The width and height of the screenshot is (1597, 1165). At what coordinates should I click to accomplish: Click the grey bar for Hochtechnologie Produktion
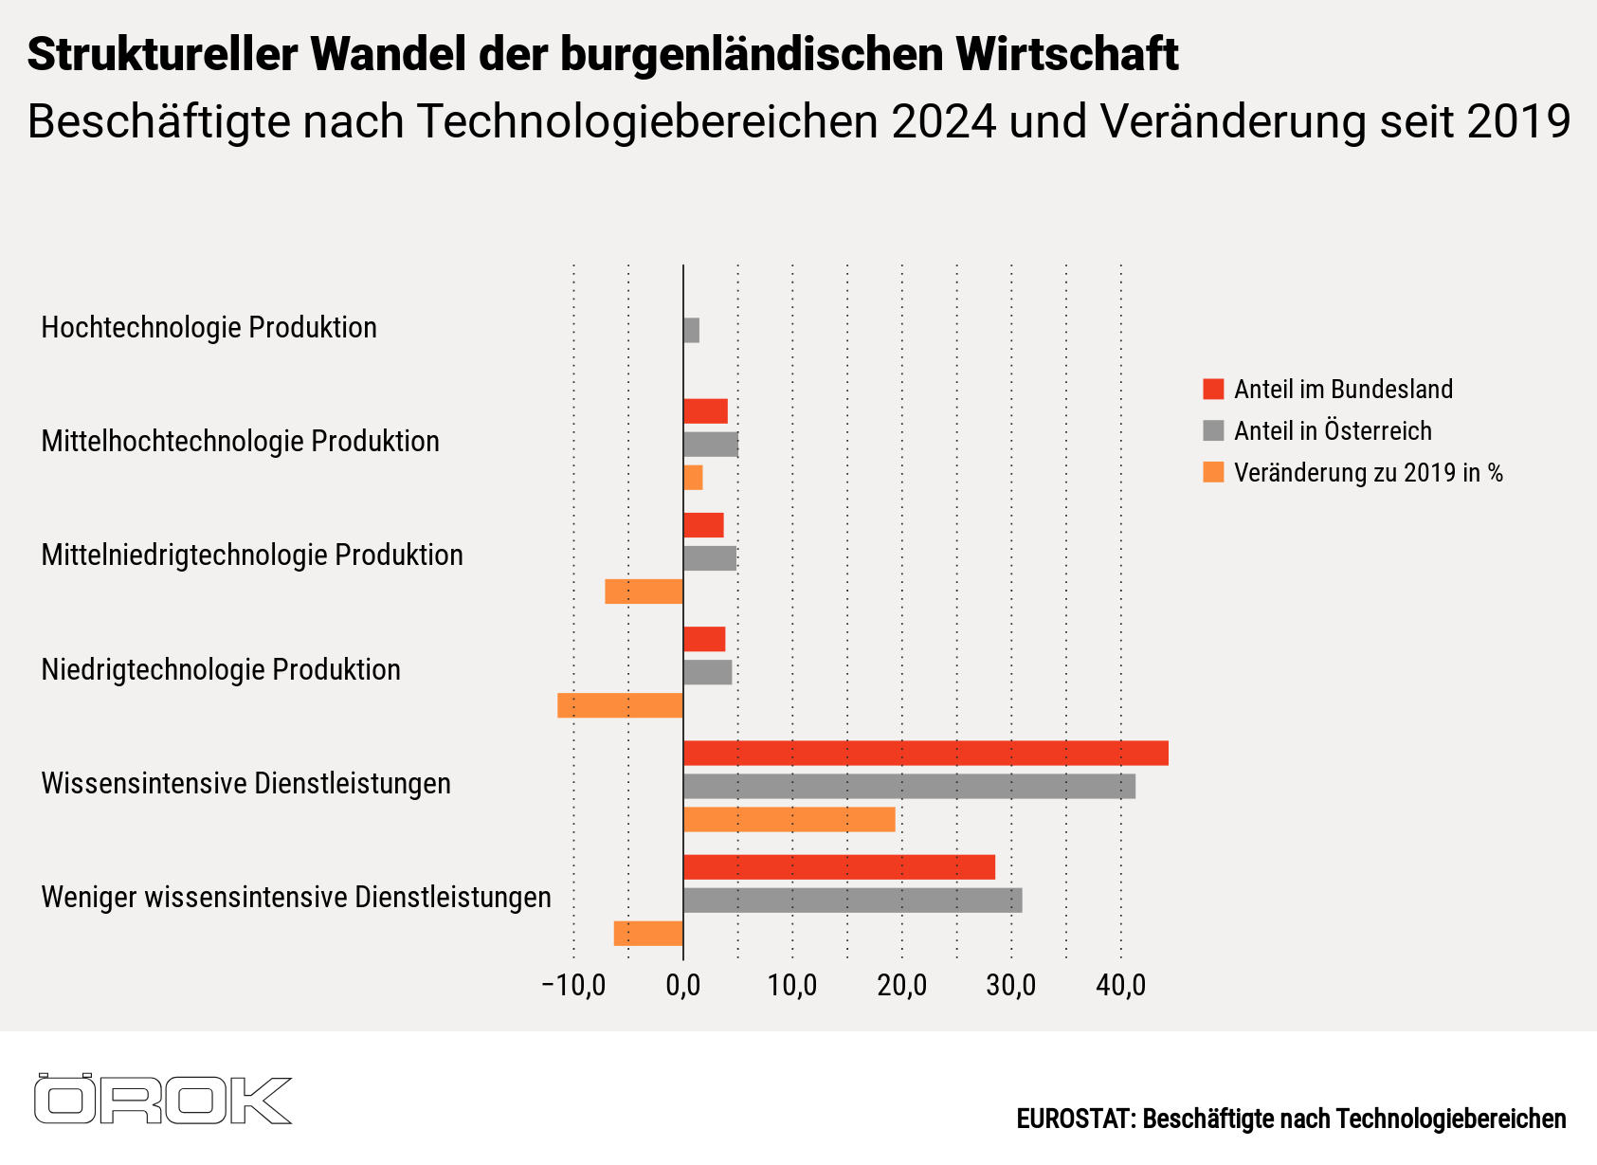691,331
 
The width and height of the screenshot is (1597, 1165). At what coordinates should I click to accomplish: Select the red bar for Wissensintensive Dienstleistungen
925,753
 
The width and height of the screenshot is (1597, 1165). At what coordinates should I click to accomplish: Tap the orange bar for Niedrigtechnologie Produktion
620,705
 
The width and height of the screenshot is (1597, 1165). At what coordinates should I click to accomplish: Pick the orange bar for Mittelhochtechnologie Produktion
693,478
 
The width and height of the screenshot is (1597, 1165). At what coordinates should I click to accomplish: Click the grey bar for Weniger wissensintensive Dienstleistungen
852,900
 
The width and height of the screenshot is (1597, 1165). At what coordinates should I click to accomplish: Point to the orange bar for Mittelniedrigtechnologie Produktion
644,592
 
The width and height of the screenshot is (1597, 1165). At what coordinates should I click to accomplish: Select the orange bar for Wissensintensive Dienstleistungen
789,819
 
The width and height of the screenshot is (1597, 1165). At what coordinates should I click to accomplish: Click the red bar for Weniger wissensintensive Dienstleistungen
839,866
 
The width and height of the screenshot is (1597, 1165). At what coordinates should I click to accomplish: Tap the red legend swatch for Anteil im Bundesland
1213,390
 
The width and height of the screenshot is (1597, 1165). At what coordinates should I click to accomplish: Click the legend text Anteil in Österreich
1332,431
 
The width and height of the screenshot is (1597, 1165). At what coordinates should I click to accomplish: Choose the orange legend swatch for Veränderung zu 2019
1213,472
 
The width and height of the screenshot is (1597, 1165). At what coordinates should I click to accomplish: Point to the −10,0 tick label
572,986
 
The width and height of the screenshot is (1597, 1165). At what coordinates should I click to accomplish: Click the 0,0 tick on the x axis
682,986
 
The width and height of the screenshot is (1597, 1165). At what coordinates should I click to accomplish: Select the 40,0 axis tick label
1120,986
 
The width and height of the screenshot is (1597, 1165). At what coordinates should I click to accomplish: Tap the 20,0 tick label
901,986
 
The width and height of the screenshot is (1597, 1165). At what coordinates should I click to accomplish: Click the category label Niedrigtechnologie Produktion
221,670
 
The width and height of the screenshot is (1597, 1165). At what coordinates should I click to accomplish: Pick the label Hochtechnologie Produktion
209,328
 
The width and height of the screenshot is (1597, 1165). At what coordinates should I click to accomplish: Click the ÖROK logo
162,1100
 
